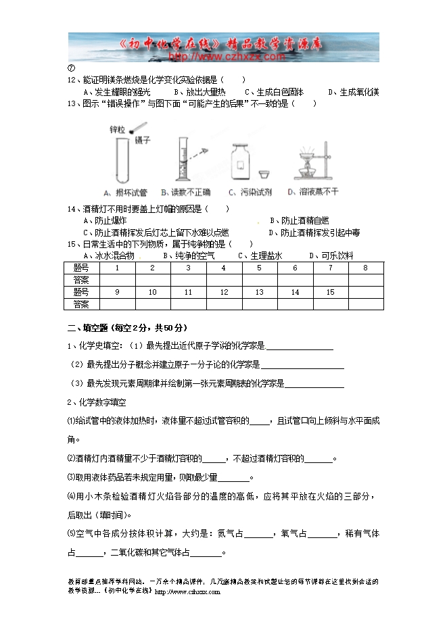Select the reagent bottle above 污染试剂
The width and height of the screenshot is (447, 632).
coord(241,163)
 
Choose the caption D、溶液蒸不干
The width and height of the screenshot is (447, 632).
coord(312,193)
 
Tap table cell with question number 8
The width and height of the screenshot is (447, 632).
coord(365,268)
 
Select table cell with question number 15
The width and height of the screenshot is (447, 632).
coord(330,292)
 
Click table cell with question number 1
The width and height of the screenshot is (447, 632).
coord(118,268)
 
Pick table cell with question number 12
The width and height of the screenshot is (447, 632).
coord(224,292)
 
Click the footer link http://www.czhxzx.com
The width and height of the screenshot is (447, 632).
coord(187,591)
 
